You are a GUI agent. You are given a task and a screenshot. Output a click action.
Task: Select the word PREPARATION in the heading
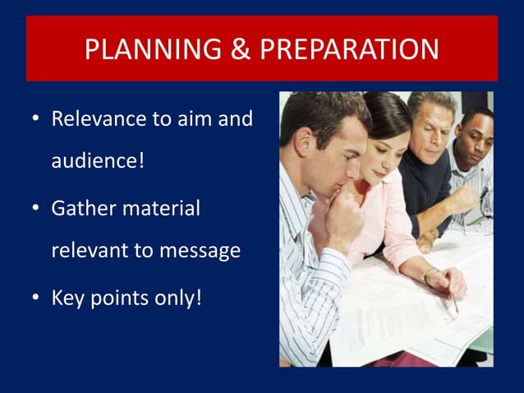point(349,50)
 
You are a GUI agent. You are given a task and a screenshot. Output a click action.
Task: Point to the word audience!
point(98,159)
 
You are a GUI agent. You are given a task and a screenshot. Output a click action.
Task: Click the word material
point(162,208)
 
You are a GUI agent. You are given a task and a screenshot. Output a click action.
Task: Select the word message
point(196,249)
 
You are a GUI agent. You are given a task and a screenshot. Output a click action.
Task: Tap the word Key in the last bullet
point(67,297)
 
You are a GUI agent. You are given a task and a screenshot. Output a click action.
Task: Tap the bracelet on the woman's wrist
point(428,275)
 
